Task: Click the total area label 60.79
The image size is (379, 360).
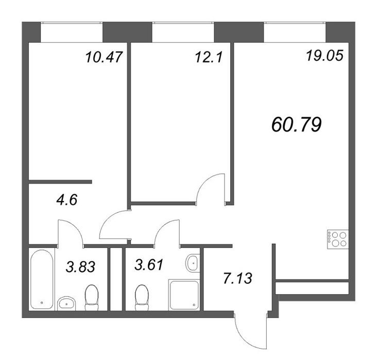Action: [297, 125]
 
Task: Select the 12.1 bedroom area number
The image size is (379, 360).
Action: [208, 58]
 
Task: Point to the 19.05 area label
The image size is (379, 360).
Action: [324, 56]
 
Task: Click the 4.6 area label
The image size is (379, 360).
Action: [67, 200]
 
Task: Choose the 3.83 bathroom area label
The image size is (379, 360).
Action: [80, 267]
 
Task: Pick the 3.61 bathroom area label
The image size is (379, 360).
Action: [149, 264]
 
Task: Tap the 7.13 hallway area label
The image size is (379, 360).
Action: [237, 278]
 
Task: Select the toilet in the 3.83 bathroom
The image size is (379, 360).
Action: [92, 297]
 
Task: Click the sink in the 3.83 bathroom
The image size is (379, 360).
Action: [66, 303]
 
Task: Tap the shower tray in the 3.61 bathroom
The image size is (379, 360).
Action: [184, 295]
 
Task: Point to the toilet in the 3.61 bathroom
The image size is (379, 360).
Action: [142, 297]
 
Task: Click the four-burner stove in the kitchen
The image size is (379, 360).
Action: [338, 239]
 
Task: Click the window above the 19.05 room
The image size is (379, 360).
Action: [295, 32]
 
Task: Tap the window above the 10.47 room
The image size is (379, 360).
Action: [72, 32]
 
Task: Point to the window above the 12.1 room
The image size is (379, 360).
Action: [183, 32]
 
